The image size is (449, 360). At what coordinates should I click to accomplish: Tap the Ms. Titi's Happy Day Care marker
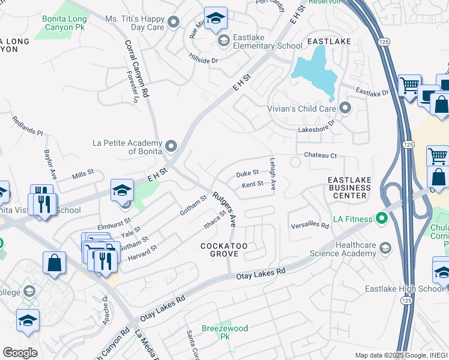pos(173,23)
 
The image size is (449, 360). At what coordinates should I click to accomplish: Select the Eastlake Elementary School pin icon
pos(224,41)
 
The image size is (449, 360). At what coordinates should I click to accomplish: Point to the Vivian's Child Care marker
pos(345,109)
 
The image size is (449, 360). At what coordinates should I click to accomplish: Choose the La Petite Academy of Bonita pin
pos(171,146)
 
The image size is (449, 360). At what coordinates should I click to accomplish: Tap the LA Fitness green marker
pos(381,217)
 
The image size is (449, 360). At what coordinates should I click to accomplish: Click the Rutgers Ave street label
pos(224,209)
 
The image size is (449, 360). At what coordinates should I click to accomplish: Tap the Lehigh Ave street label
pos(273,174)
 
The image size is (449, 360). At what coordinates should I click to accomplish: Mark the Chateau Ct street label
pos(321,155)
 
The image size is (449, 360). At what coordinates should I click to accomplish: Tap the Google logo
pos(20,352)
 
